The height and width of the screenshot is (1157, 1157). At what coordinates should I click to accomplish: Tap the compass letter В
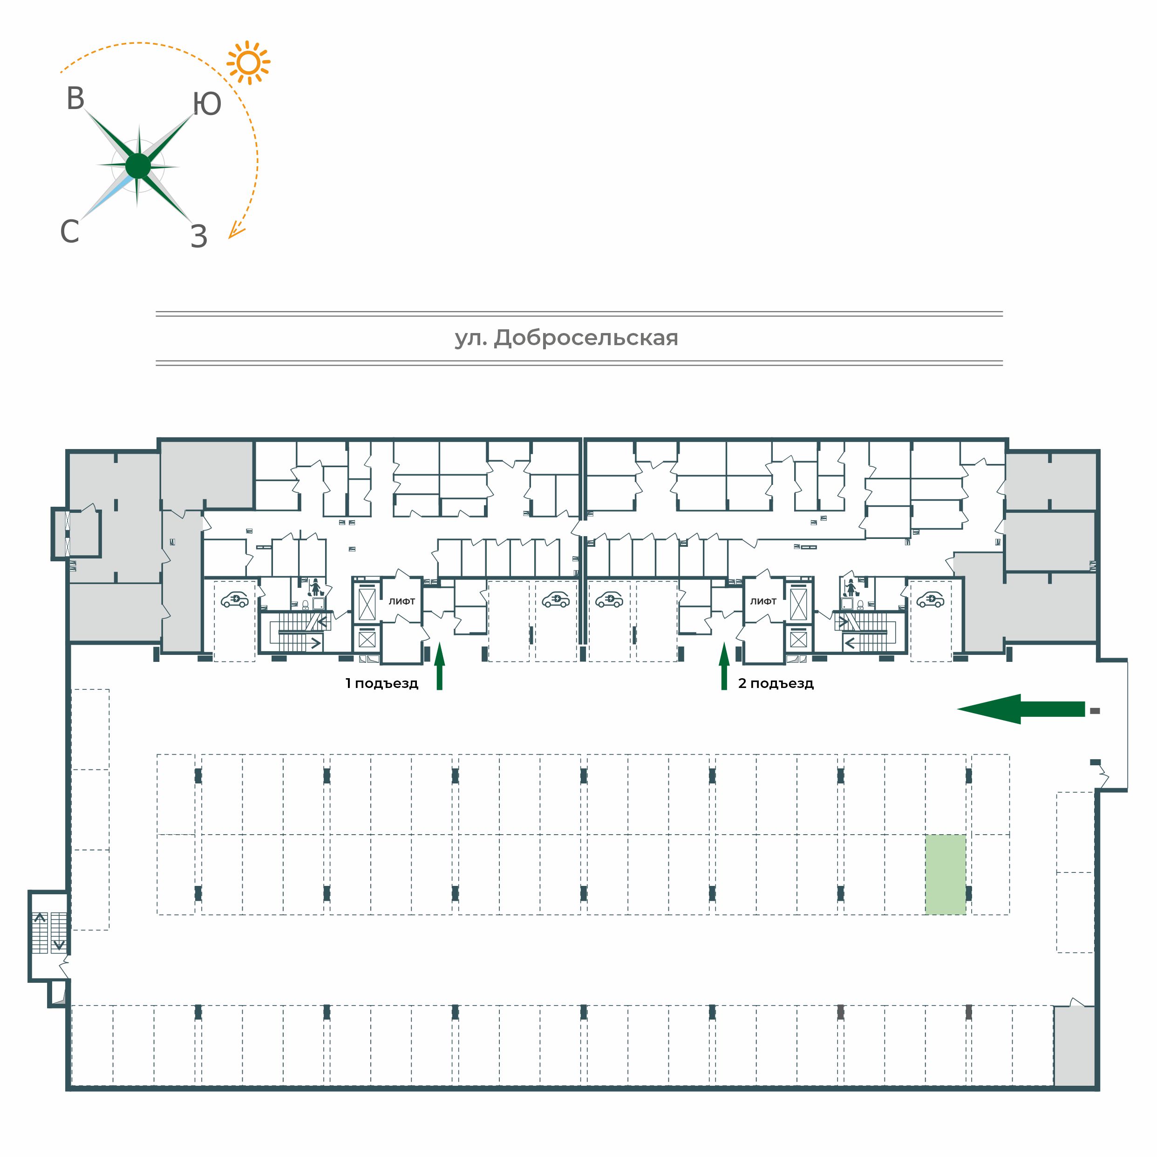(75, 99)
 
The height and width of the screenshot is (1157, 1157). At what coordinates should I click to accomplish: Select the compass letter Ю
(207, 104)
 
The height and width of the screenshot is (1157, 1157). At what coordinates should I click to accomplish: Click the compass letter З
(199, 237)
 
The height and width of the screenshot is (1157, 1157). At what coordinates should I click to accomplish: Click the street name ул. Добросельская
(566, 338)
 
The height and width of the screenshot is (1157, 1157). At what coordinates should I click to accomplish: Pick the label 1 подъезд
(381, 683)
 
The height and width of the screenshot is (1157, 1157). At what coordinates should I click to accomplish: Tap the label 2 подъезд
(776, 683)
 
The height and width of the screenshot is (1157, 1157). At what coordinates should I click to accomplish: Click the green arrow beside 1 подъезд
(440, 666)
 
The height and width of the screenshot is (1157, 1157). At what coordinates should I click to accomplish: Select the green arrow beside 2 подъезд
(724, 666)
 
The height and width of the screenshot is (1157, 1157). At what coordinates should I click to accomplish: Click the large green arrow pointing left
(1021, 709)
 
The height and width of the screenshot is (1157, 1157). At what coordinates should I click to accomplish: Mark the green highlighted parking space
(946, 874)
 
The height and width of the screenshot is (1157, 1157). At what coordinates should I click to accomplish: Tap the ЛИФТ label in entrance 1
(402, 601)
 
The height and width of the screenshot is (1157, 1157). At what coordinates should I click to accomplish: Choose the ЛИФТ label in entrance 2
(763, 601)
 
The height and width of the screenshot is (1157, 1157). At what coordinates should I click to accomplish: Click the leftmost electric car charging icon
(235, 599)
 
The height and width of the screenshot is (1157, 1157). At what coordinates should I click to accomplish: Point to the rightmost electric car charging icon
(930, 599)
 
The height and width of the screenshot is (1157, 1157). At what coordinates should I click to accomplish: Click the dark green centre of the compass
(138, 166)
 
